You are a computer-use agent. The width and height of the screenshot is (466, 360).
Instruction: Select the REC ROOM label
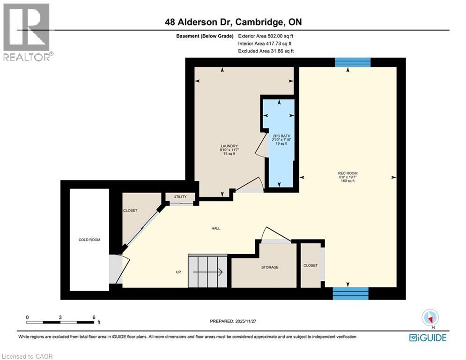(348, 173)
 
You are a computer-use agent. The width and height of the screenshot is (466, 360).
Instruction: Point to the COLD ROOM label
(89, 240)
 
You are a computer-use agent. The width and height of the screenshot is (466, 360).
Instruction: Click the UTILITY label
(180, 196)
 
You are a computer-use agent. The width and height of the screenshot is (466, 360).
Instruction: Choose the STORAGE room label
(270, 267)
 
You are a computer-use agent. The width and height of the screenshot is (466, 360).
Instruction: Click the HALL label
(215, 228)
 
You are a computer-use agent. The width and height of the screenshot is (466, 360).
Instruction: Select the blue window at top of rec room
(353, 62)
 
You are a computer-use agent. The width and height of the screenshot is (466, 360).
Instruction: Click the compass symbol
(429, 317)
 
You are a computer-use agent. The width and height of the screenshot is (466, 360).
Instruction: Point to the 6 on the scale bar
(94, 317)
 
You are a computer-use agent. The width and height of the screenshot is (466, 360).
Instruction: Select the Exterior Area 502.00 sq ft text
(266, 36)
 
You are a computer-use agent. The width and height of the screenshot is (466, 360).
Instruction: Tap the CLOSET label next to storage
(310, 265)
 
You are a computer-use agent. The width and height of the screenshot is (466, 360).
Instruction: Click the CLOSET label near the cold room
(130, 210)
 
